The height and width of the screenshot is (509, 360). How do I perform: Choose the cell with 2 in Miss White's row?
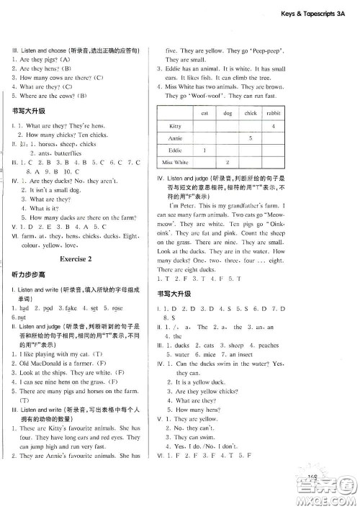coord(228,163)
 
